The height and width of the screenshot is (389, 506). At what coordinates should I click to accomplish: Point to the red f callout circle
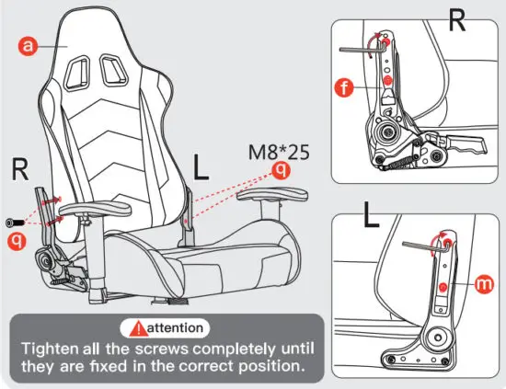(x=344, y=89)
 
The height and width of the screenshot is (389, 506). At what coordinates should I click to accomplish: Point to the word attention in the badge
(x=176, y=327)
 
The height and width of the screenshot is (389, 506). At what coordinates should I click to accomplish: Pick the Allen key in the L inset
(x=424, y=244)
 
